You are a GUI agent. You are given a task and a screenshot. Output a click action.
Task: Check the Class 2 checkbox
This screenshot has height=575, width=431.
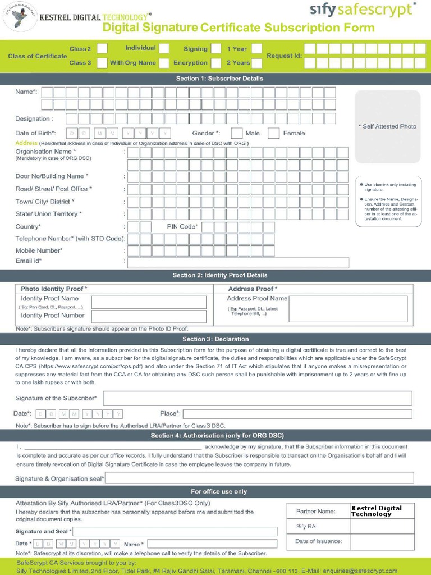coord(102,49)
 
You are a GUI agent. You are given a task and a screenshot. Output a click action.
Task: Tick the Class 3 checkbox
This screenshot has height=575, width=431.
coord(102,63)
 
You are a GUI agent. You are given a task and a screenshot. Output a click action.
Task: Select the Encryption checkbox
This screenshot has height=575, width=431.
coord(217,63)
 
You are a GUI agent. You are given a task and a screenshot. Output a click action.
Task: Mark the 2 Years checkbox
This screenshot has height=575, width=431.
coord(256,63)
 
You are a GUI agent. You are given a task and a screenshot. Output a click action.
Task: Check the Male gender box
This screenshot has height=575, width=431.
coord(237,133)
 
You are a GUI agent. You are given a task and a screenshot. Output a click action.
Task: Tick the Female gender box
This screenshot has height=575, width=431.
coord(274,133)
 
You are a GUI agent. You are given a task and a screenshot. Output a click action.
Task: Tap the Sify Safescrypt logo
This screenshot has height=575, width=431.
coord(363,10)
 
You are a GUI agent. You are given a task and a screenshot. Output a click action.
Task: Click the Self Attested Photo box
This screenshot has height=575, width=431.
coord(387,126)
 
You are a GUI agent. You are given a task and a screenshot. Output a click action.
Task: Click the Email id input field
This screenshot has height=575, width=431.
coord(238,262)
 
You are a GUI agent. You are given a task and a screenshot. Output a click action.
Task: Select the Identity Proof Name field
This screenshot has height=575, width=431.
coord(149,302)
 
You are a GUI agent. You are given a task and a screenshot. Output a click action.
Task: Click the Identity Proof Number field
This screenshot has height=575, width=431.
coord(149,316)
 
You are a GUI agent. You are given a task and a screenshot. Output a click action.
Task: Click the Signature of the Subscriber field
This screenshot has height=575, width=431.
coord(257,398)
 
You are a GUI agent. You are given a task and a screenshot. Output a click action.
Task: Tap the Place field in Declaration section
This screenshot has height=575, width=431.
coord(297,414)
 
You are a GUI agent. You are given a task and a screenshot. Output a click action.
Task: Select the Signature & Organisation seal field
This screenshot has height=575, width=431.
coord(259,478)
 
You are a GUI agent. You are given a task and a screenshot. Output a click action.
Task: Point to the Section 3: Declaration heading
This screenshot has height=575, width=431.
coord(215,339)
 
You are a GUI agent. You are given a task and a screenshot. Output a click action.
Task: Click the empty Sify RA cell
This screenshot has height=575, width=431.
coord(382,526)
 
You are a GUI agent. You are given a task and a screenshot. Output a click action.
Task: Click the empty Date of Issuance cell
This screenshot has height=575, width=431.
coord(382,541)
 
